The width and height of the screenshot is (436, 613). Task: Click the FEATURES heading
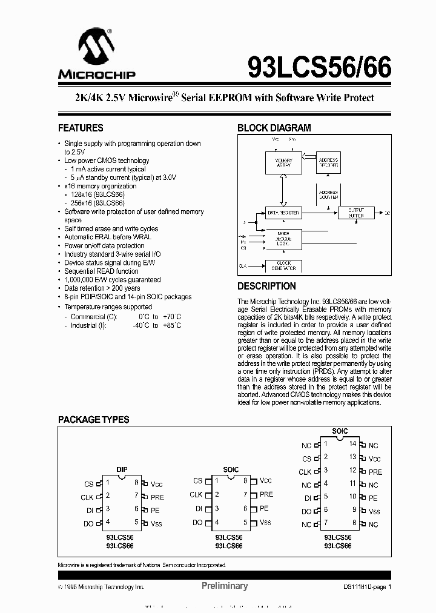(x=81, y=128)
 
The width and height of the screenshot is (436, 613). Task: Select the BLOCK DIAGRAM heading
(x=274, y=128)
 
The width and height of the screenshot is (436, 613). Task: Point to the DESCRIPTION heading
(x=266, y=286)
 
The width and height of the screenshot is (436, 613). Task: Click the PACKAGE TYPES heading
(x=93, y=420)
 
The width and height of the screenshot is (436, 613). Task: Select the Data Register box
(x=283, y=213)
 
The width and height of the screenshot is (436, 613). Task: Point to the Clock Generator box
(x=283, y=265)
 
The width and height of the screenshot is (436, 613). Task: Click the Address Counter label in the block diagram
(x=328, y=194)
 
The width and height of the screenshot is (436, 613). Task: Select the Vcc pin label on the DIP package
(x=157, y=484)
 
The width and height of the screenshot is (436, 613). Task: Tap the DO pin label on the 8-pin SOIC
(x=197, y=523)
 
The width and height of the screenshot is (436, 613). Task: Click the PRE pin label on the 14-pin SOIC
(x=375, y=472)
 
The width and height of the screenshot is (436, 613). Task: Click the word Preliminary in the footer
(x=224, y=586)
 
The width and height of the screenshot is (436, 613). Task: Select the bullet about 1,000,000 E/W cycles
(x=113, y=280)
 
